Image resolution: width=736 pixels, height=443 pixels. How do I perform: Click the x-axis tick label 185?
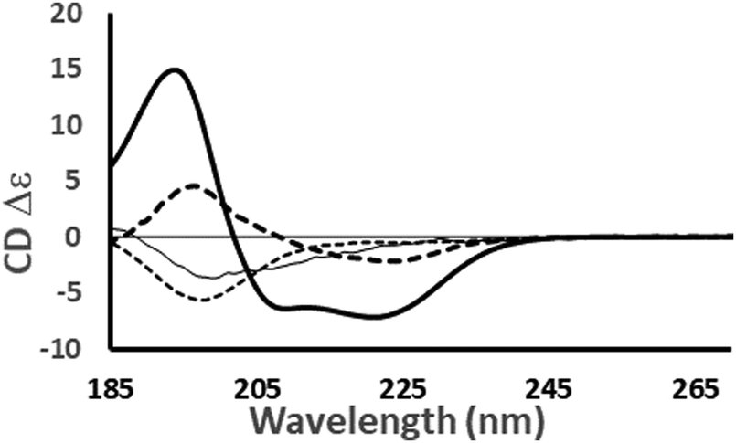point(111,391)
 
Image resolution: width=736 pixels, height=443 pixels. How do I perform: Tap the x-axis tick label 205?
point(256,391)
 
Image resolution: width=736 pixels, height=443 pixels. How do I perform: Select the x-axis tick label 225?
point(402,391)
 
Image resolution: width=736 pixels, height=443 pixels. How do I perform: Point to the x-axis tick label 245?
point(549,391)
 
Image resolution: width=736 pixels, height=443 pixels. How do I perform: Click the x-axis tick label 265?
point(695,391)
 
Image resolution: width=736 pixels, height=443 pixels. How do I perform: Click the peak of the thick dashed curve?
point(194,185)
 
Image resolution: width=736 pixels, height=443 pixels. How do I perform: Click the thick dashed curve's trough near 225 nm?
point(393,261)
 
